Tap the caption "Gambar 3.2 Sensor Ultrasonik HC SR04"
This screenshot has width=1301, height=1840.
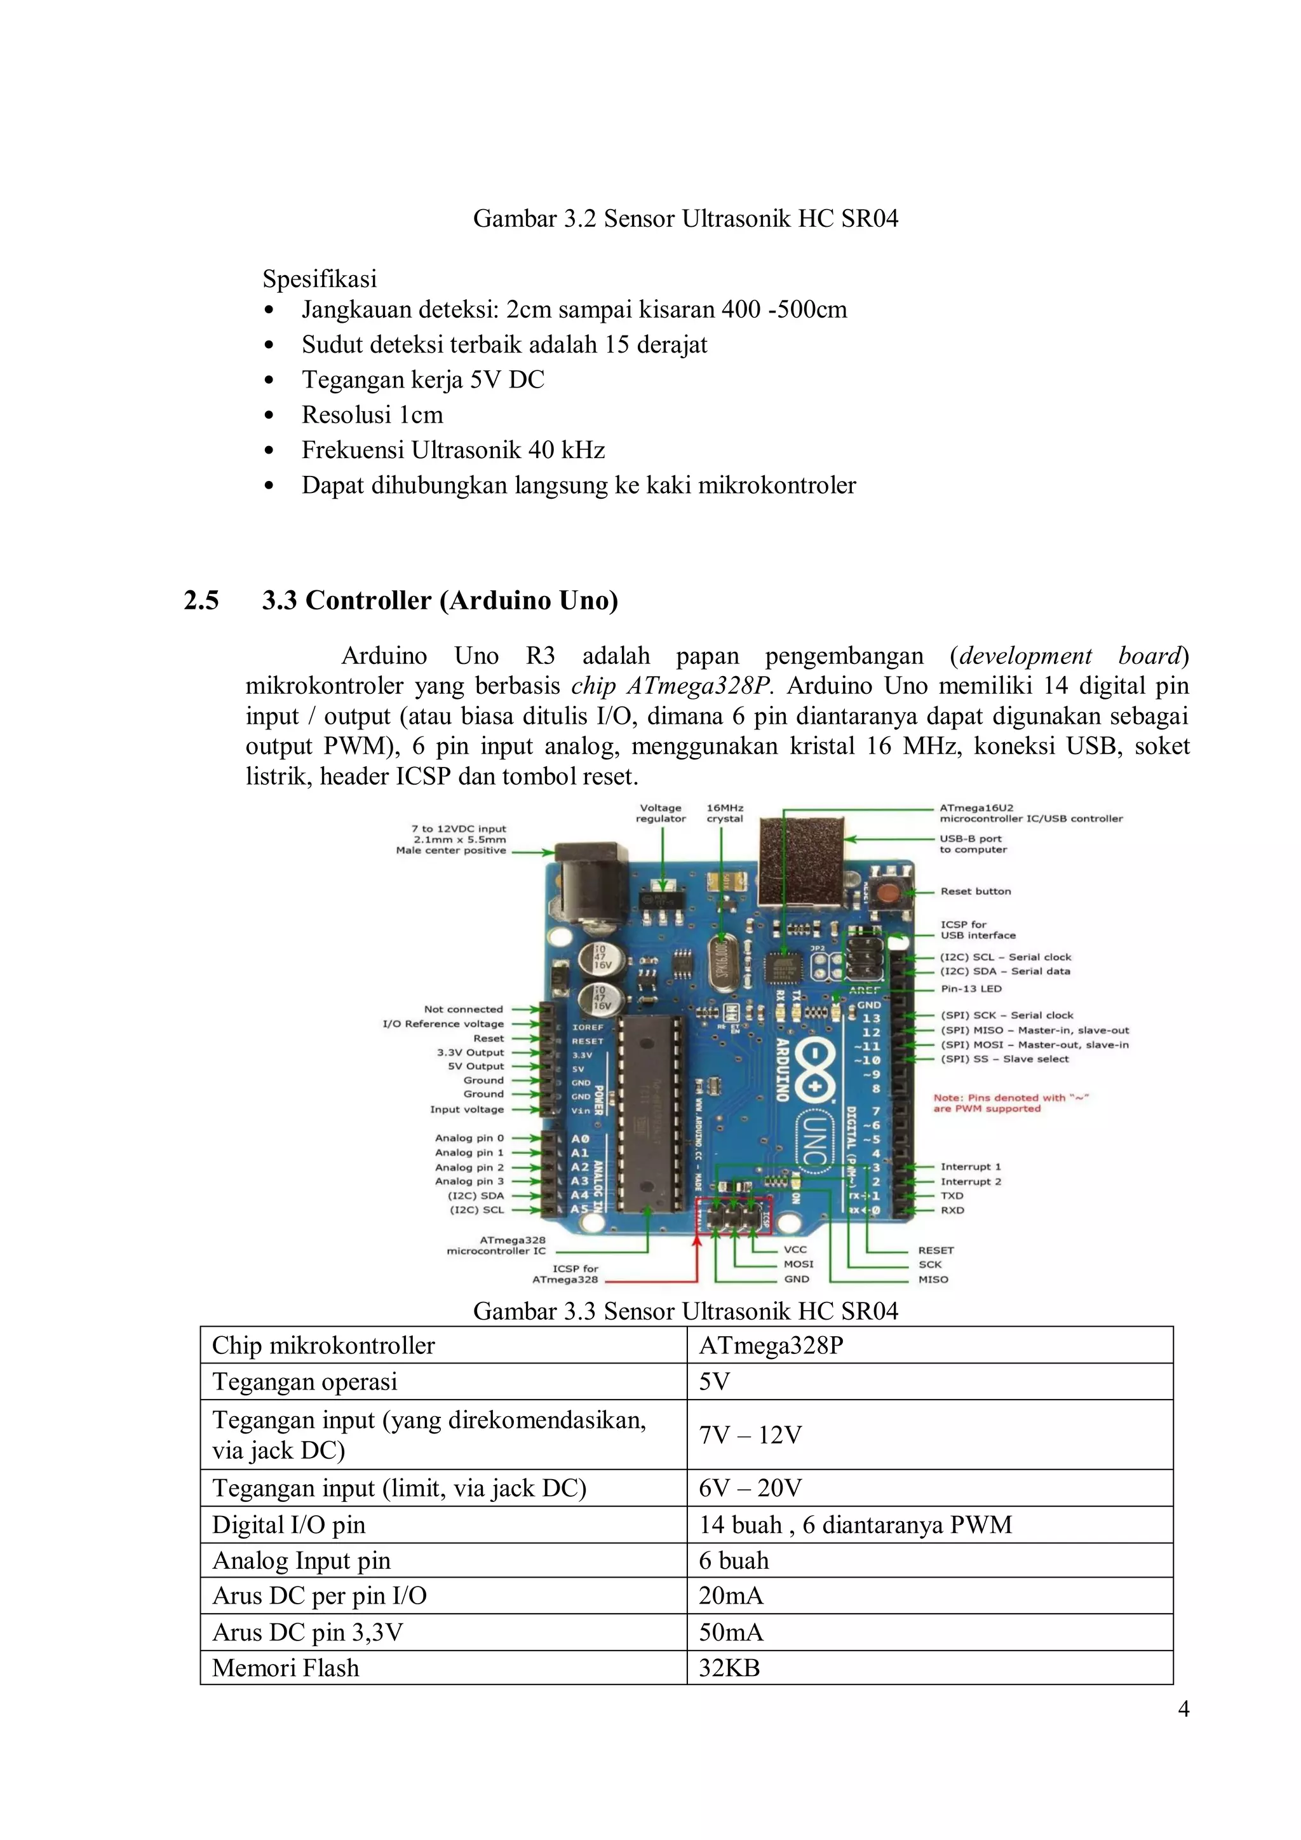click(685, 218)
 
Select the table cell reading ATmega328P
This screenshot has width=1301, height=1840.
click(771, 1345)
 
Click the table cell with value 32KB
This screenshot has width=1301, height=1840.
click(729, 1668)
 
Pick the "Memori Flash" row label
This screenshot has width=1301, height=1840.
click(285, 1668)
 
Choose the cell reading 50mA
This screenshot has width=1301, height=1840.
click(731, 1632)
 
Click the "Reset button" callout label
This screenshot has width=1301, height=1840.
click(975, 891)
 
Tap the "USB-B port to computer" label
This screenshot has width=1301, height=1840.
click(973, 844)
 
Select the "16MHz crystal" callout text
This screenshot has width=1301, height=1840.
click(724, 813)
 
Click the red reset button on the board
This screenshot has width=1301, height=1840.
click(887, 891)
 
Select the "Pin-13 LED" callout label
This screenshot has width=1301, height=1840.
click(970, 988)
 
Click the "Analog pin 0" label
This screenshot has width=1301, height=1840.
click(469, 1138)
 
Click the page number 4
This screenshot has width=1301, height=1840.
click(1183, 1709)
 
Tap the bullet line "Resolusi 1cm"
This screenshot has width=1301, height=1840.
click(372, 414)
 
